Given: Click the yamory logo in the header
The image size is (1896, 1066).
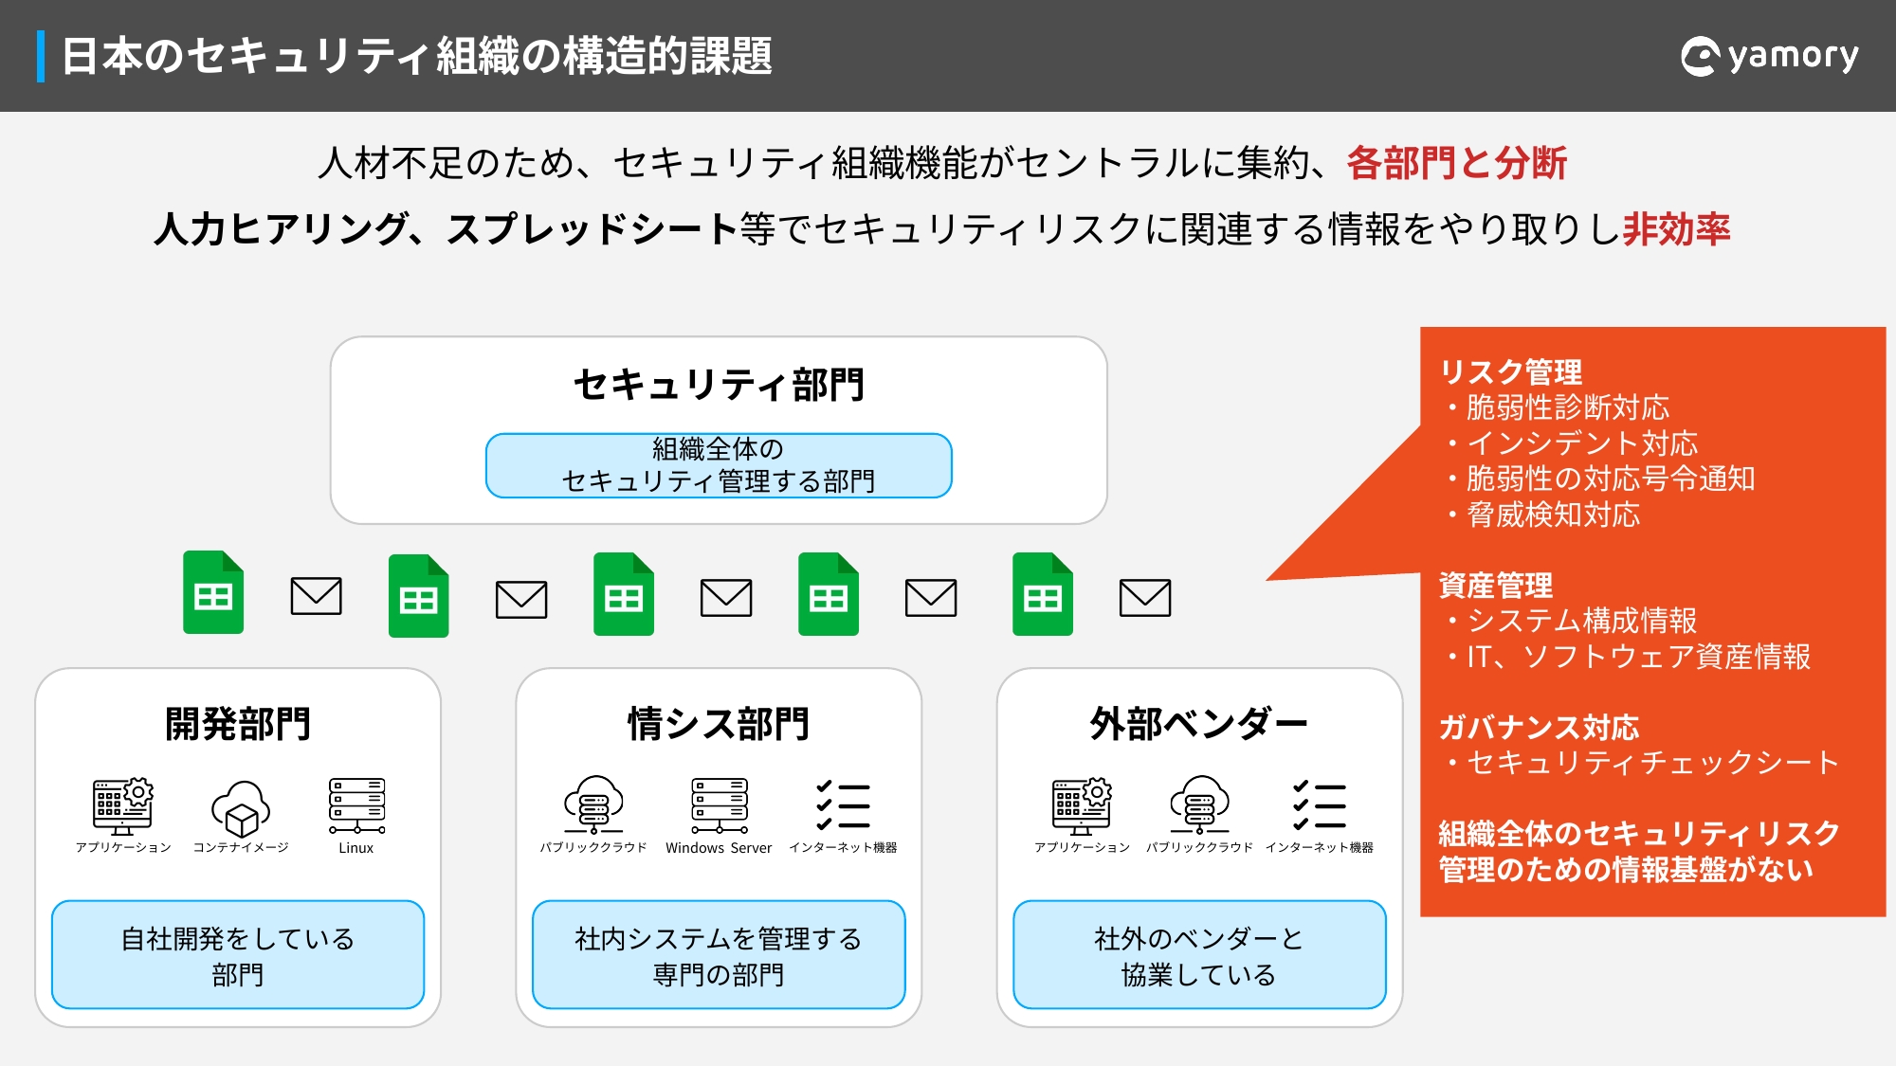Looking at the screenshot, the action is [1769, 56].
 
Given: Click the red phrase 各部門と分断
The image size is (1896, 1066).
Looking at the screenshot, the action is [1457, 163].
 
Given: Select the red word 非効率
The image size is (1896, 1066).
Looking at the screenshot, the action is [1677, 229].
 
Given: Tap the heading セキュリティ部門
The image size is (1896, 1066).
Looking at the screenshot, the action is [719, 385].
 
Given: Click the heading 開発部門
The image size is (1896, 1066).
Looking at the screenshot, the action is [238, 724].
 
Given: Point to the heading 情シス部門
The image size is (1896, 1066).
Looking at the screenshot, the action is [719, 724].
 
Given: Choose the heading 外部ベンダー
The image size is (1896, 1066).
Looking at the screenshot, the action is [1199, 724].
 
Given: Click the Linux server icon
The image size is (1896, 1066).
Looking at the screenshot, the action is [356, 805].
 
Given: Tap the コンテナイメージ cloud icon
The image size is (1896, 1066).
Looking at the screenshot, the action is [241, 808].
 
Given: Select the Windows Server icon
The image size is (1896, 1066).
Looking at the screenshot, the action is [720, 805].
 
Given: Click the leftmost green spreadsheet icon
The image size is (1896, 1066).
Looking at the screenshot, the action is [213, 592].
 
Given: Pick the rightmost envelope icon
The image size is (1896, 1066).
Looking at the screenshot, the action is [1145, 597].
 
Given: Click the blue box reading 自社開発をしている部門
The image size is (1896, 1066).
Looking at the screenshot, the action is [238, 955].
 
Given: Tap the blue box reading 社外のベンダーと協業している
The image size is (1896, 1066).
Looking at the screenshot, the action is [1199, 955].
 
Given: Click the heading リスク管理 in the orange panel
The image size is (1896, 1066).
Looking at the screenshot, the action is [1511, 371].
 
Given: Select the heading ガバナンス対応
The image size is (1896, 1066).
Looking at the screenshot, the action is [1540, 728].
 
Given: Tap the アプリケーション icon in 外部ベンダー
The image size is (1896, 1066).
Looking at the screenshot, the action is [1082, 806].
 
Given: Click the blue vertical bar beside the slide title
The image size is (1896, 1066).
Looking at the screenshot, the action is [41, 56].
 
